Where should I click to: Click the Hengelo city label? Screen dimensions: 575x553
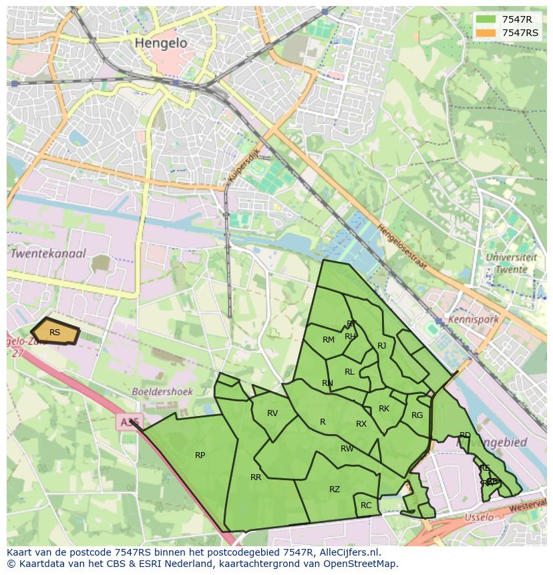[x=161, y=42]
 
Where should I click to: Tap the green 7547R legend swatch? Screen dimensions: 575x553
[x=486, y=19]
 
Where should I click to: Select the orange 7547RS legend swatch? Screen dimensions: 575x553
[x=486, y=33]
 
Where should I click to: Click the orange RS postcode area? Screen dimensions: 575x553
[x=55, y=332]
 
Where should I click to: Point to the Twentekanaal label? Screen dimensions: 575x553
[x=47, y=254]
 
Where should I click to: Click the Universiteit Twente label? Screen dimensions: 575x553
[x=512, y=263]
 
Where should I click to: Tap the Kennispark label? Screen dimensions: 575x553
[x=474, y=319]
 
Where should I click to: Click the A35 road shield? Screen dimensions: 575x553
[x=128, y=422]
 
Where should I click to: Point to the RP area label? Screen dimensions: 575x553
[x=200, y=455]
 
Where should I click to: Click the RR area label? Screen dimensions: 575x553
[x=256, y=477]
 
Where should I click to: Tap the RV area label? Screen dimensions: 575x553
[x=272, y=413]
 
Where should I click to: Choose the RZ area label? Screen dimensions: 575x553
[x=335, y=490]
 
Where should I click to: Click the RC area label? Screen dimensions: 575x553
[x=366, y=506]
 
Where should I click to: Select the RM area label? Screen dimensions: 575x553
[x=329, y=340]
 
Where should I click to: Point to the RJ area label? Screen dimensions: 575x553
[x=382, y=346]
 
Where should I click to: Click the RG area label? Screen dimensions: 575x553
[x=417, y=415]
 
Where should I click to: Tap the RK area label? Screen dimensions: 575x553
[x=384, y=409]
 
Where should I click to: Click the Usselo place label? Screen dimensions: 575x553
[x=478, y=518]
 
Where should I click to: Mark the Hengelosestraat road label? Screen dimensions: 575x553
[x=402, y=246]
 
